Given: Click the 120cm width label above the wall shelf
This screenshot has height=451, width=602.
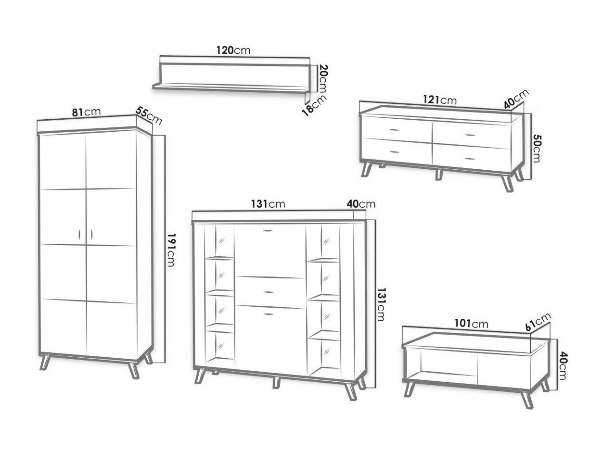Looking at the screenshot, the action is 233,50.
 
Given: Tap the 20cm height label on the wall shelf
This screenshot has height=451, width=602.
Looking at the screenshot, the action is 324,78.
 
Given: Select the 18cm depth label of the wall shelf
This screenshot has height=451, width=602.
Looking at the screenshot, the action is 314,106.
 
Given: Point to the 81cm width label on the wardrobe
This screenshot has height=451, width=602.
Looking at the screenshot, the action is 87,112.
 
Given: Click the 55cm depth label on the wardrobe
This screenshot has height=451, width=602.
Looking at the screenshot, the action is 149,116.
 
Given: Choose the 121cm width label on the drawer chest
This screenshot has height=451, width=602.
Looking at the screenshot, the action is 440,100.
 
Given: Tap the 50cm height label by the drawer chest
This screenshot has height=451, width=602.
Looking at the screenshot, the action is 536,148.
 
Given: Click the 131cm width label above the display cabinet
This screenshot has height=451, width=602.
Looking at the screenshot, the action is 268,204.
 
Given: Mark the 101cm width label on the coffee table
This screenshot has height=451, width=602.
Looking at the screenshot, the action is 471,324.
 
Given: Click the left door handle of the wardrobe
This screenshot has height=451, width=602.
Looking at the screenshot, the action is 79,234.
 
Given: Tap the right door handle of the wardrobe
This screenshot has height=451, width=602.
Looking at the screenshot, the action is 91,234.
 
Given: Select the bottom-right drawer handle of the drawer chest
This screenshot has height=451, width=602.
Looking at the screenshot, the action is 470,159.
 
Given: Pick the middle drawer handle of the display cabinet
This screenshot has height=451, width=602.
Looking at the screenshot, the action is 268,292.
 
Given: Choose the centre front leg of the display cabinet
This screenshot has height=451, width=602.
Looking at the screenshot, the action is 276,382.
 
